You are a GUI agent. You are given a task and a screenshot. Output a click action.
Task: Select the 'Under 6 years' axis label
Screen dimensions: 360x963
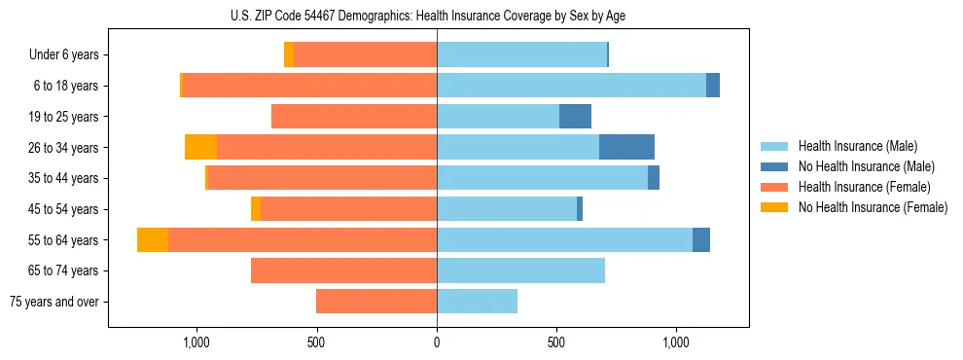click(64, 54)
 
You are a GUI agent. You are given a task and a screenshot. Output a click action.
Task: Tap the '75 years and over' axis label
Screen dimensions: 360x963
click(54, 302)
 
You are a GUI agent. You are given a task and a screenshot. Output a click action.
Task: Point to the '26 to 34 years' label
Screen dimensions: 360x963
click(65, 147)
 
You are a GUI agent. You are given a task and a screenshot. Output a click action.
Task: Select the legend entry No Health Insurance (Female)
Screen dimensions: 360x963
click(872, 206)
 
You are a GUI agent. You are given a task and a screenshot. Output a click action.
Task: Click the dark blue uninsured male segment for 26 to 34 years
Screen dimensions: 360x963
click(626, 147)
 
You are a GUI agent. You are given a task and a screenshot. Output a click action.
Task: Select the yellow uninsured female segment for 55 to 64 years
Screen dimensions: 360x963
click(153, 239)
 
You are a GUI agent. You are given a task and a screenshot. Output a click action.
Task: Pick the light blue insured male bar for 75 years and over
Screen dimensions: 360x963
click(477, 302)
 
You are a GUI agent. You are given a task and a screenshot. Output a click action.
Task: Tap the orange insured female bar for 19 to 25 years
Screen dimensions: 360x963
click(354, 117)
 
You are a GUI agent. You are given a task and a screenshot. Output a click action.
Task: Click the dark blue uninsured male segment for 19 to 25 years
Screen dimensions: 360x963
click(575, 117)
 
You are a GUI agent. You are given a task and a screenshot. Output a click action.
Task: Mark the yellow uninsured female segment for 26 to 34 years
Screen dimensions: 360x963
click(200, 147)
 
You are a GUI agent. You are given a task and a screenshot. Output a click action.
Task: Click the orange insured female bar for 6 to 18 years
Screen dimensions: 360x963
click(309, 86)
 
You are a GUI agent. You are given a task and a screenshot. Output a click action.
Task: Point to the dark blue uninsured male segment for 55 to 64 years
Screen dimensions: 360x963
click(701, 239)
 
